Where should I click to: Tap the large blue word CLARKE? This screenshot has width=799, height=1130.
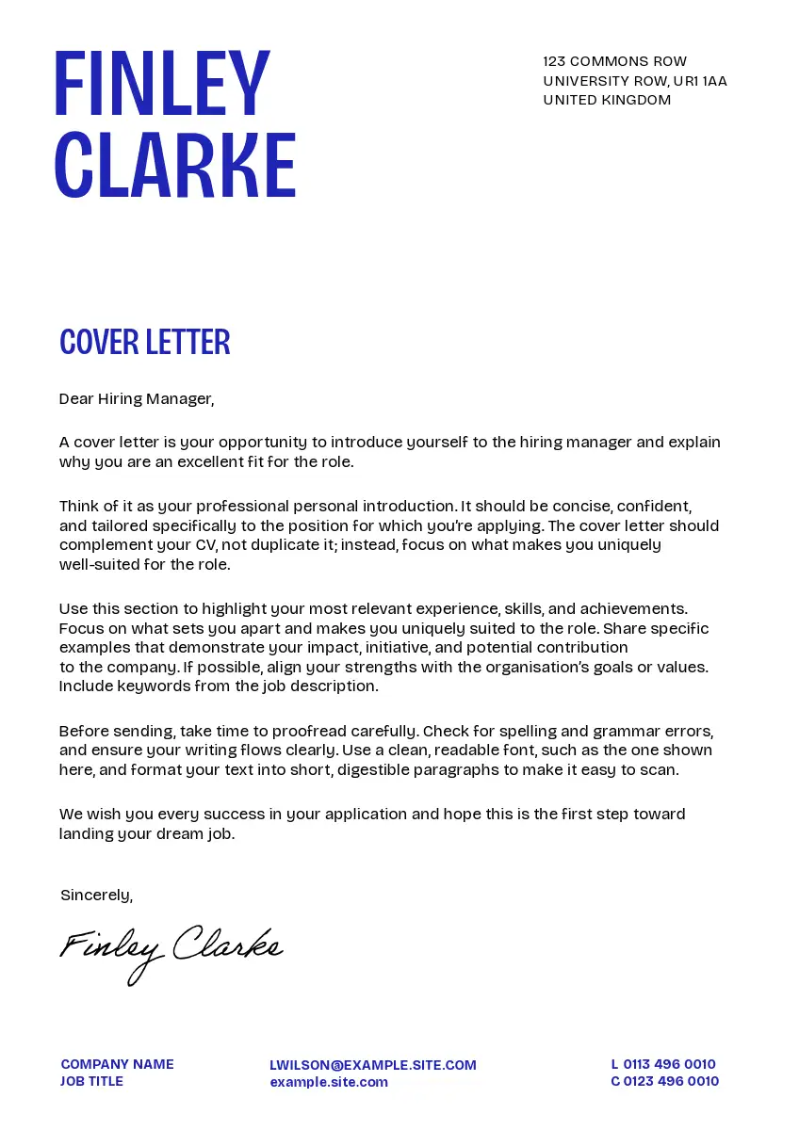point(175,165)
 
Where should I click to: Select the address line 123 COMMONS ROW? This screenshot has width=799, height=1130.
point(614,61)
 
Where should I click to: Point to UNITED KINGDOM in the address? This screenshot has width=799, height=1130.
point(607,100)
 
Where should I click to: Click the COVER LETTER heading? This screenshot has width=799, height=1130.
point(144,342)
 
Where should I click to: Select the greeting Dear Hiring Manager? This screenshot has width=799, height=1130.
point(137,398)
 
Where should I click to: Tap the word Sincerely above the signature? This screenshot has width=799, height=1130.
point(96,895)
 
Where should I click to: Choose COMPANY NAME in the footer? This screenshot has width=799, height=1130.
point(117,1064)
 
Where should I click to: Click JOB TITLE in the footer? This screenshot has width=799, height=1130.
point(91,1081)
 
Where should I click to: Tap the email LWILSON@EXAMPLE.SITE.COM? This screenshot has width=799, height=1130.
point(373,1065)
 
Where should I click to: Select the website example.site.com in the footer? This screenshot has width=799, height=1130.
point(329,1082)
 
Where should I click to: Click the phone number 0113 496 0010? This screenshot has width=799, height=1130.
point(669,1064)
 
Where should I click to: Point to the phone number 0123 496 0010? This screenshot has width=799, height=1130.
point(671,1081)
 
